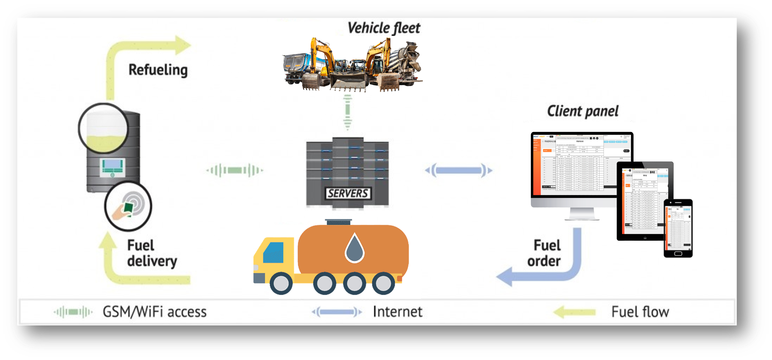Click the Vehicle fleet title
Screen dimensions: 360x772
coord(384,28)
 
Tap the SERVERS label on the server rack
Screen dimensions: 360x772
coord(348,193)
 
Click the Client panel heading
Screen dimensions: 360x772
coord(583,111)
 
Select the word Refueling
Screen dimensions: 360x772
coord(158,70)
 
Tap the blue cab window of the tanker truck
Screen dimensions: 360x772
coord(273,252)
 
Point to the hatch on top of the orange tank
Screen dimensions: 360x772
coord(339,222)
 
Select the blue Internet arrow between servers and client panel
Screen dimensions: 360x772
coord(459,170)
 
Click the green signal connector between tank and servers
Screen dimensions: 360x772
coord(235,170)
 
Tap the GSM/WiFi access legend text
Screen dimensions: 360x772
coord(154,312)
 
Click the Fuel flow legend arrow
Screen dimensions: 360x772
coord(574,312)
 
